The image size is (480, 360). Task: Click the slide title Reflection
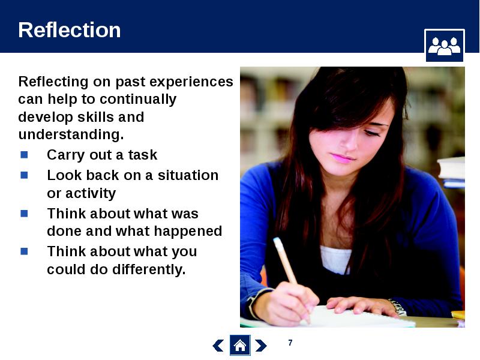[70, 30]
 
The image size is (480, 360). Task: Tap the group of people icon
[445, 46]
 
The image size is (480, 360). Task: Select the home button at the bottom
[240, 346]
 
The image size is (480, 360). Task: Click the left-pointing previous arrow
[218, 346]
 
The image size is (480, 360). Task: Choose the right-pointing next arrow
[261, 346]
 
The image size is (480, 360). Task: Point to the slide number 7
[290, 343]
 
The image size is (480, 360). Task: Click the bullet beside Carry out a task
[24, 155]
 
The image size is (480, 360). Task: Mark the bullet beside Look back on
[24, 175]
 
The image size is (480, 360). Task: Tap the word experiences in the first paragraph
[191, 82]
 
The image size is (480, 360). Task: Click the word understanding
[71, 134]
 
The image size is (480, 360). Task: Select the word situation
[188, 175]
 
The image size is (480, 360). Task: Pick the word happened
[188, 232]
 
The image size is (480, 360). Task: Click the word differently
[149, 269]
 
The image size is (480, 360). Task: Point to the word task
[143, 155]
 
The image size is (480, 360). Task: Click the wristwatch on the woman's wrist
[398, 307]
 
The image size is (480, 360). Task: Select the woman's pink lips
[342, 158]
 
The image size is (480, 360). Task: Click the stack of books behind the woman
[451, 172]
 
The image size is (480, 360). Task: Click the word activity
[91, 193]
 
